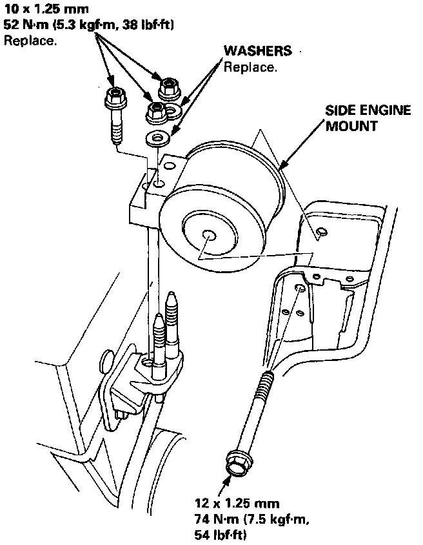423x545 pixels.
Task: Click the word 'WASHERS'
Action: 257,51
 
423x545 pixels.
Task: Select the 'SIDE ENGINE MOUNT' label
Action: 368,118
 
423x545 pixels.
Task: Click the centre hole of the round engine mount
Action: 208,235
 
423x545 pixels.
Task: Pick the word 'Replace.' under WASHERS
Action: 250,67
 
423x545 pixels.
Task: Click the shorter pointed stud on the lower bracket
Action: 158,336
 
